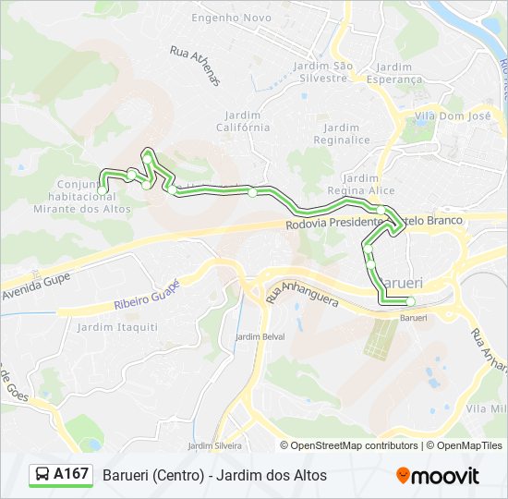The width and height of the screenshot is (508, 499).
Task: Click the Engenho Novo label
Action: [x=231, y=18]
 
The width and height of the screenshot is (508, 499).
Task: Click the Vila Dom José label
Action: [x=453, y=116]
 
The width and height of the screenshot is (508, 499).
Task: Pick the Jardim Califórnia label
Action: [x=243, y=120]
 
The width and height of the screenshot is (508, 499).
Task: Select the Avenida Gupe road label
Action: [x=36, y=273]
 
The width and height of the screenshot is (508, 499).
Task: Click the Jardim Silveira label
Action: [x=215, y=446]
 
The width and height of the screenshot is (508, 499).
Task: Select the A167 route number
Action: [x=71, y=475]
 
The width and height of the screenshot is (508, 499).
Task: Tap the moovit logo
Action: [x=438, y=476]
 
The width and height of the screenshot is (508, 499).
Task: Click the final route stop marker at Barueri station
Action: [x=410, y=301]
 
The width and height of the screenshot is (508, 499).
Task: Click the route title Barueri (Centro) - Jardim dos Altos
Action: [x=214, y=476]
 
